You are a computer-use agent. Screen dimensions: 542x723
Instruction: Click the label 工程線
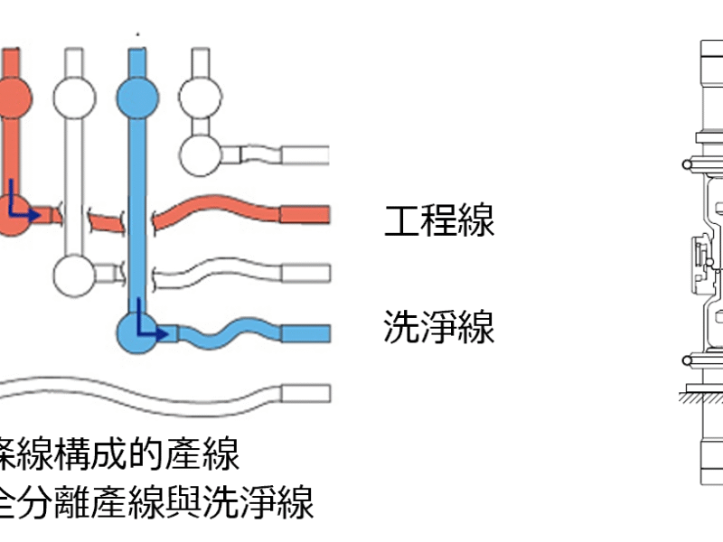click(439, 220)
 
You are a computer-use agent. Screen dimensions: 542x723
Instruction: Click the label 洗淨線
click(439, 327)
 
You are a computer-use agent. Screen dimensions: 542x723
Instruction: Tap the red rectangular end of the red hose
click(305, 214)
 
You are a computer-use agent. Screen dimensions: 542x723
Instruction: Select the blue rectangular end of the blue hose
click(305, 333)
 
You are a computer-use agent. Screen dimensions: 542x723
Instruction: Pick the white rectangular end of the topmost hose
click(305, 154)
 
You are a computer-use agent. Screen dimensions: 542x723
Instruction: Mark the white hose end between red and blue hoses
click(305, 273)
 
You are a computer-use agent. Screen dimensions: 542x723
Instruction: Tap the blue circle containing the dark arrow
click(139, 332)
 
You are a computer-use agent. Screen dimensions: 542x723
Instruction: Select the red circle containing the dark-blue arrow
click(11, 213)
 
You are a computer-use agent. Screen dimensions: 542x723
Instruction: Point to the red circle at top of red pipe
click(13, 94)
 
